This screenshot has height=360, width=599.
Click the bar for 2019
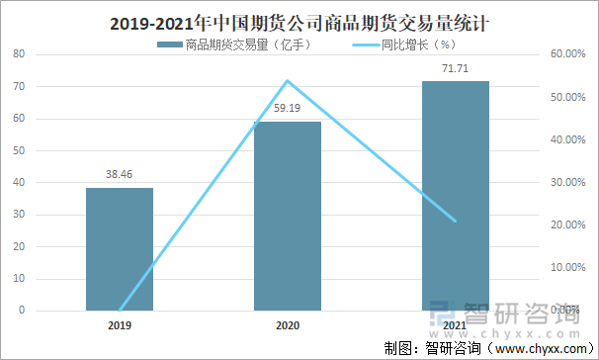[x=120, y=248]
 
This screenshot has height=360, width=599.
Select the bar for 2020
[x=288, y=216]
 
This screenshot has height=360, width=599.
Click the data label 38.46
[x=120, y=174]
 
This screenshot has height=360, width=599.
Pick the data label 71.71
[x=456, y=68]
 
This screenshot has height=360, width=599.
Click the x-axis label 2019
[x=120, y=323]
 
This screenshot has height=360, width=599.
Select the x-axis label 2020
[x=288, y=323]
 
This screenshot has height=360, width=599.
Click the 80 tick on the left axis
[x=19, y=54]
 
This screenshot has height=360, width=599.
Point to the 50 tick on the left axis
[x=19, y=150]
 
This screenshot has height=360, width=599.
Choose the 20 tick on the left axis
[x=19, y=246]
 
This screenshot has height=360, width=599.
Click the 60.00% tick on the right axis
[x=564, y=54]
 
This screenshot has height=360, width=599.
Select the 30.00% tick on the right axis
[x=564, y=182]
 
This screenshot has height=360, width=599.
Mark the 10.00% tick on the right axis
[x=564, y=267]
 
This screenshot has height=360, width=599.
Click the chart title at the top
[x=299, y=20]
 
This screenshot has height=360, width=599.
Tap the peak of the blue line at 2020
[x=288, y=80]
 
